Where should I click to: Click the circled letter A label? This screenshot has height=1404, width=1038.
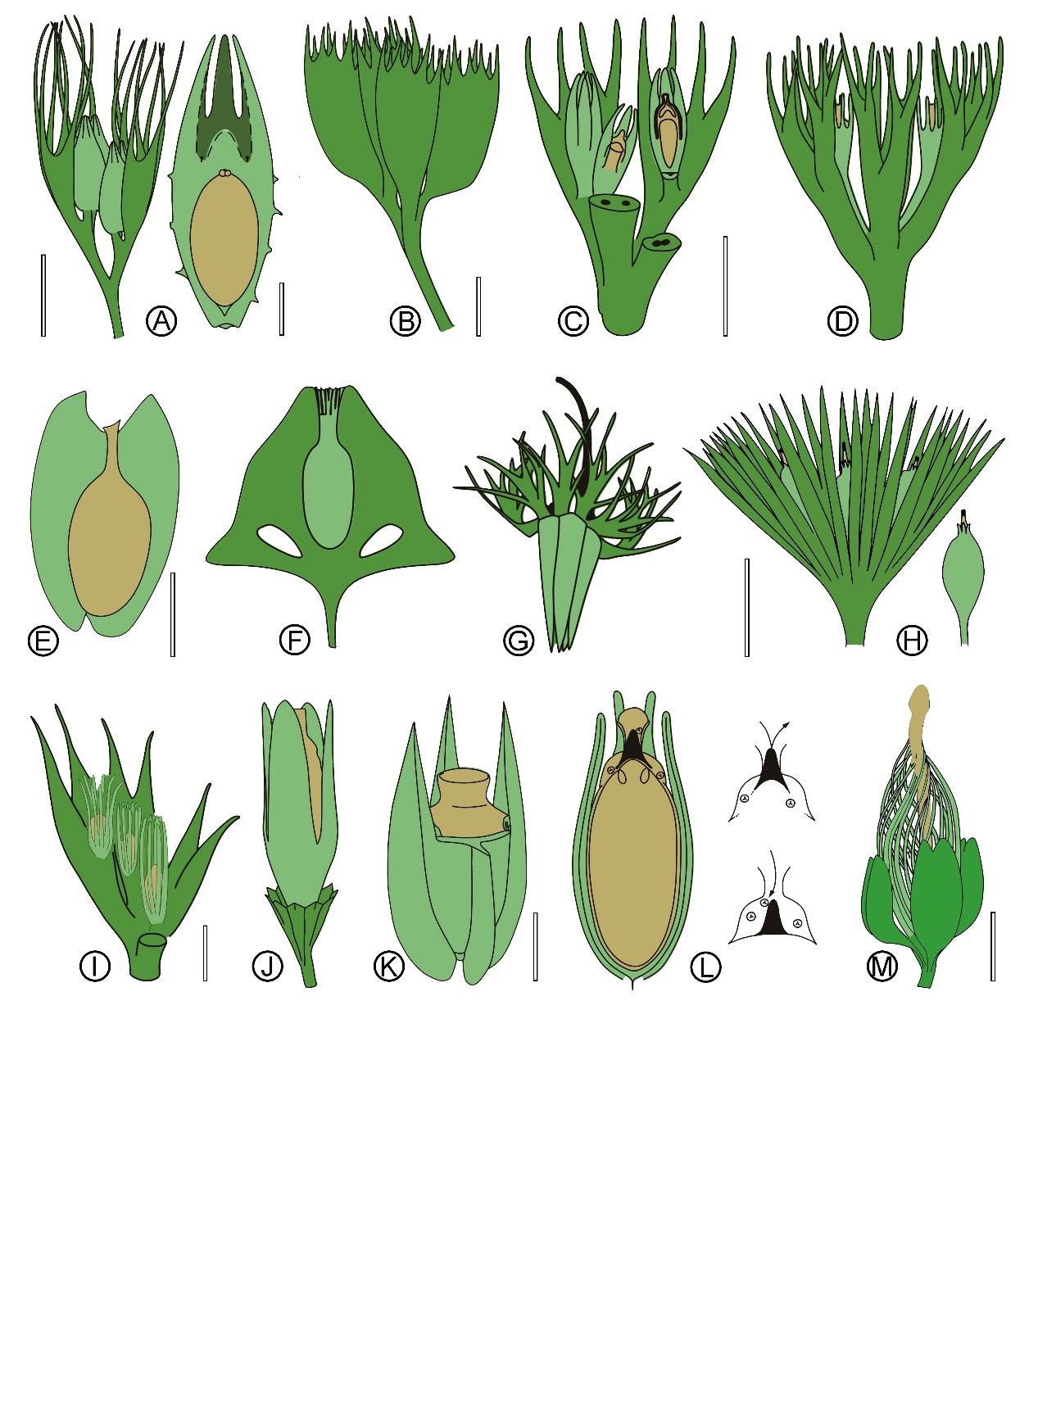coord(162,320)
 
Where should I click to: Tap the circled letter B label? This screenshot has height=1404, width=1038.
coord(405,320)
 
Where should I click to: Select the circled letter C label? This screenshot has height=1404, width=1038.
coord(573,320)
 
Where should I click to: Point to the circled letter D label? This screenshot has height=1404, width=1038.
coord(842,320)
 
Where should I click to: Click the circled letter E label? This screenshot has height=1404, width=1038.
coord(43,640)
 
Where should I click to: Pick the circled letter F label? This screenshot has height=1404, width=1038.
coord(295,640)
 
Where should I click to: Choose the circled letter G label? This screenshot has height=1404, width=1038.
coord(519,640)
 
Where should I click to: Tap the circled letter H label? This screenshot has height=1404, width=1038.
coord(912,640)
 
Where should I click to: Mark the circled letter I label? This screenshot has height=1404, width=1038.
coord(95,967)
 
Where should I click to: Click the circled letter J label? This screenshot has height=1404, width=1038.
coord(268,967)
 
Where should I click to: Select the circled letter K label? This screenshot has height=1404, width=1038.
coord(389,967)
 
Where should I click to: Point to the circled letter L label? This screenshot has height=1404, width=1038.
coord(705,967)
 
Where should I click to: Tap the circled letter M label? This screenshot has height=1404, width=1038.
coord(882,967)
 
